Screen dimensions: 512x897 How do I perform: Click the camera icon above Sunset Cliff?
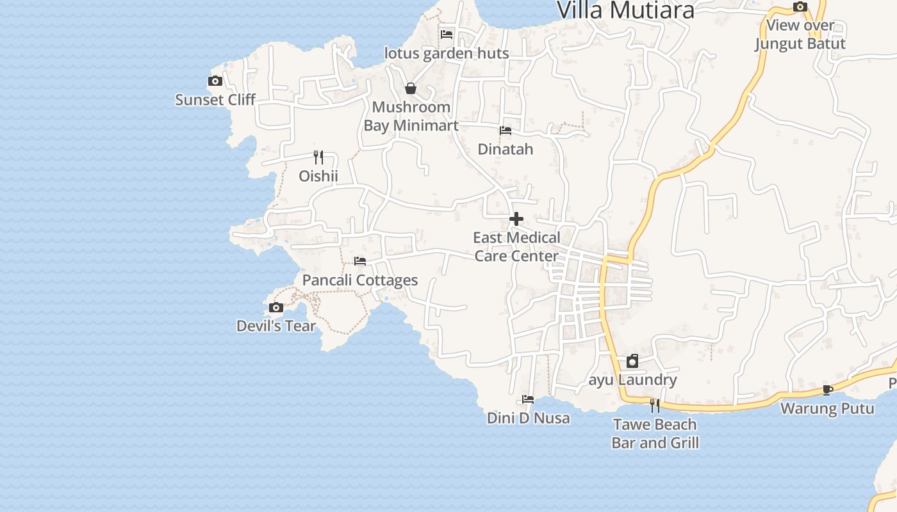215,81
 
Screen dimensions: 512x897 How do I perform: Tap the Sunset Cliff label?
215,100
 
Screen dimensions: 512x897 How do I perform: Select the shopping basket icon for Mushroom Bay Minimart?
411,88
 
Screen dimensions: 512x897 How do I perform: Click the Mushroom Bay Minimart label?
411,116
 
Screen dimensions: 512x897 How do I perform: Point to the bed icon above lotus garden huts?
447,35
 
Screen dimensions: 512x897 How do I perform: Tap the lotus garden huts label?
447,53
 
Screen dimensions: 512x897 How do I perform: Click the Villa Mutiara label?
625,10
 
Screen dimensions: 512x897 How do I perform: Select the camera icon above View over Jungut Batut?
800,7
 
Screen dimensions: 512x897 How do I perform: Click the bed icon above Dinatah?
506,131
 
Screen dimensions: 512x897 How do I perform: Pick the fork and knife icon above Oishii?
318,157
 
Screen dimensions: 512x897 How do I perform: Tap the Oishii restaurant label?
318,176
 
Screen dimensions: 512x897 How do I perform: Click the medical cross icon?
516,220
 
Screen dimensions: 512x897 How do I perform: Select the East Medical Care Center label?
516,247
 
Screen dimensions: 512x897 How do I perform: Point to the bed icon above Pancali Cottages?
360,261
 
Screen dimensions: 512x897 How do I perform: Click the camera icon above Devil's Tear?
276,308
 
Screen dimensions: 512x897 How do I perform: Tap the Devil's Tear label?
276,326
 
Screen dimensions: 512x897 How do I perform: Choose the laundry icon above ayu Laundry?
632,361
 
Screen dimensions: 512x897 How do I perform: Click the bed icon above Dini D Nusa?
528,399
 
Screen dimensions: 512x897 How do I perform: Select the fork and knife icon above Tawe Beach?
655,406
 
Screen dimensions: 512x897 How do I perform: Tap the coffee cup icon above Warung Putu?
828,390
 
